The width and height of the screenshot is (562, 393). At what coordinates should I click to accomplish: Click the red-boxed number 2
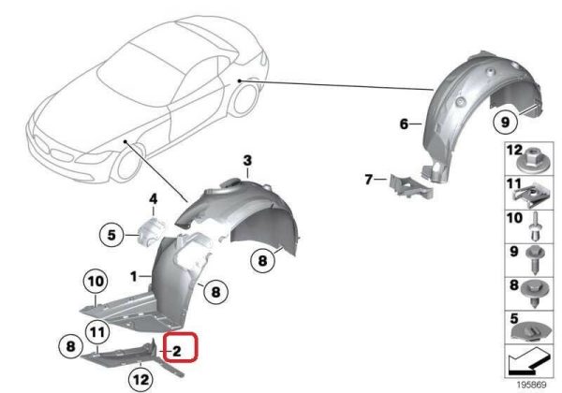177,351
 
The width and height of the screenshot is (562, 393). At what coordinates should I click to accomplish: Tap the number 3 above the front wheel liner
247,161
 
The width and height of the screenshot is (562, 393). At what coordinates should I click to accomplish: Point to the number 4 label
153,198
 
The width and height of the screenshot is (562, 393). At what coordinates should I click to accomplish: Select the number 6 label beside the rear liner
404,124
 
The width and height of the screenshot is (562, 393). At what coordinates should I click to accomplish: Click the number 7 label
368,179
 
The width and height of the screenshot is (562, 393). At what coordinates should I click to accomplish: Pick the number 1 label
134,276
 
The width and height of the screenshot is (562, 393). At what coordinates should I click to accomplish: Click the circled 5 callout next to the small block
111,235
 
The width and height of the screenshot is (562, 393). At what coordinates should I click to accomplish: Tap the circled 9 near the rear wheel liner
505,122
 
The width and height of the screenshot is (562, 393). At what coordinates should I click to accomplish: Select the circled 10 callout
96,282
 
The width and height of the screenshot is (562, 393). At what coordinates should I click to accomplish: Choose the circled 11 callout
97,332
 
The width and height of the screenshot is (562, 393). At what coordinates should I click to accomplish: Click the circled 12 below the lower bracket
140,379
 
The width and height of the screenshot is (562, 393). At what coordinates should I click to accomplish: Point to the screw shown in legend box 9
535,260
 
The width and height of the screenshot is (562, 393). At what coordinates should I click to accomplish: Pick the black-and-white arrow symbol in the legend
528,360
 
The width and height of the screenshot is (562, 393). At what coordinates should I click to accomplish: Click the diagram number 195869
531,386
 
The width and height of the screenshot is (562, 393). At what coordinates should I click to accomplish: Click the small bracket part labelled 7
411,186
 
